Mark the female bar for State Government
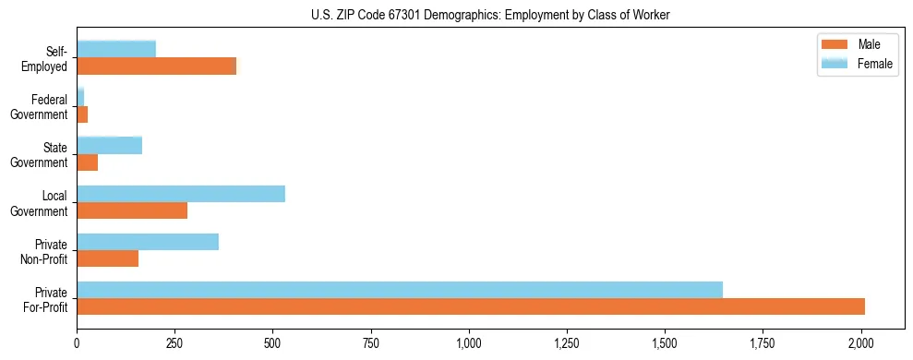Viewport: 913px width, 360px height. point(110,146)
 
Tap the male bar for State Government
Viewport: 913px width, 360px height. point(88,162)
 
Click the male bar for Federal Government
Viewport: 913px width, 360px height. point(82,114)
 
